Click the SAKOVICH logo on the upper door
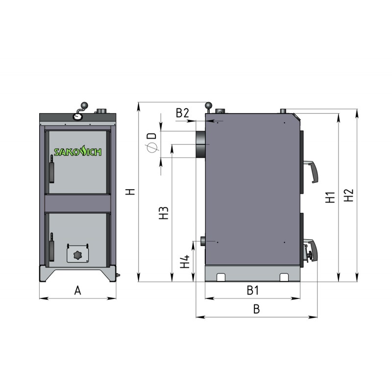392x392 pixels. click(78, 151)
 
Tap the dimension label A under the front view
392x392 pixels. click(78, 291)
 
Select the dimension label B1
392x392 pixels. click(253, 290)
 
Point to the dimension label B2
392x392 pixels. click(182, 113)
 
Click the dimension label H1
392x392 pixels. click(330, 197)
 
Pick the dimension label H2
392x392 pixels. click(348, 195)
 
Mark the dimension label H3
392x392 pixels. click(164, 213)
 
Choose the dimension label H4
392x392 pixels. click(185, 262)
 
